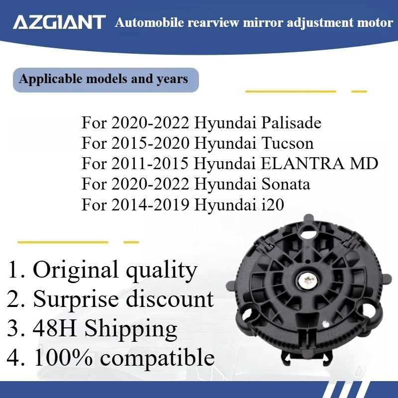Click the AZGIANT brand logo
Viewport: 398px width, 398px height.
coord(59,22)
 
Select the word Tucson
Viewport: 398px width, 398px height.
coord(287,144)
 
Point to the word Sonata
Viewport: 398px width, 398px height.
coord(286,184)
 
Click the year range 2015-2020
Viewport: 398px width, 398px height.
coord(150,144)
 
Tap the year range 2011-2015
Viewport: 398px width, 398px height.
coord(150,164)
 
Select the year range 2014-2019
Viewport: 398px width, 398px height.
coord(150,204)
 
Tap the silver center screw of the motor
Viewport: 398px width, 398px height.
coord(307,282)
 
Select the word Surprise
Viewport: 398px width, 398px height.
coord(80,299)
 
